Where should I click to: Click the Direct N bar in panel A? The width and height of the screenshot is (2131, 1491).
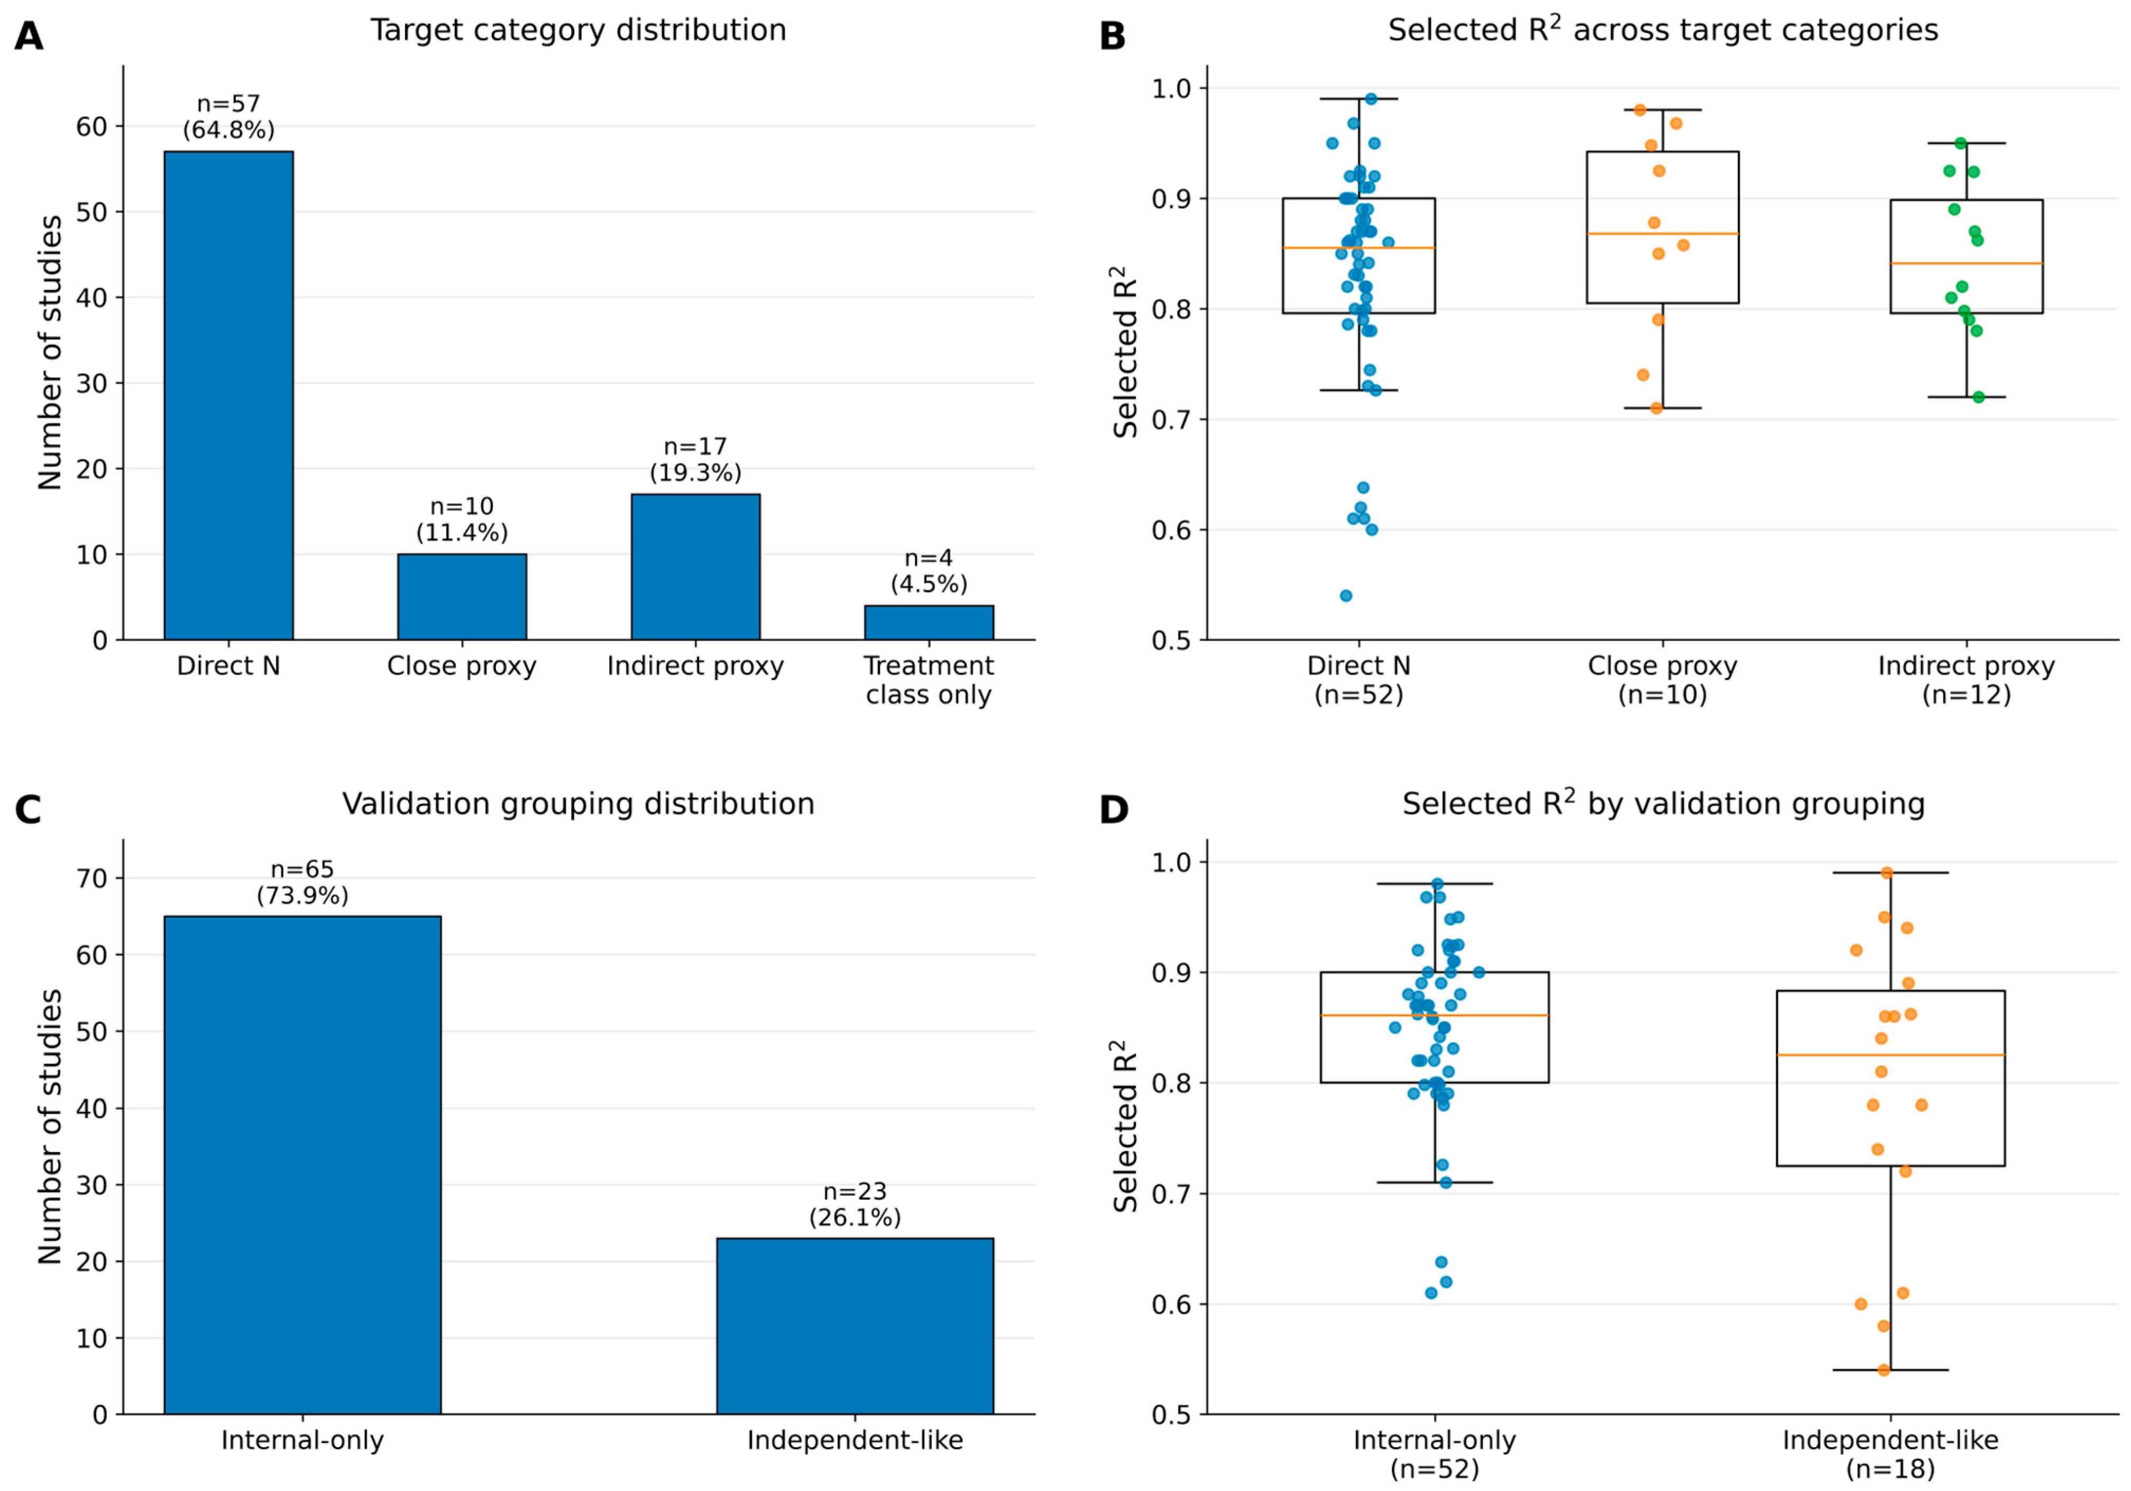click(228, 395)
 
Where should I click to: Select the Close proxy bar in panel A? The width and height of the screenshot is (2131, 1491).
click(462, 597)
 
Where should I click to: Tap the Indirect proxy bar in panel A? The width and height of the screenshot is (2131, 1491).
click(695, 567)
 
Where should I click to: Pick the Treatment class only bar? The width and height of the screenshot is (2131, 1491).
click(929, 623)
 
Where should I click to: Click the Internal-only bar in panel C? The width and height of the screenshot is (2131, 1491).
click(302, 1165)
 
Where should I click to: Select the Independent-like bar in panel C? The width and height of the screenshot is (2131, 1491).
click(855, 1327)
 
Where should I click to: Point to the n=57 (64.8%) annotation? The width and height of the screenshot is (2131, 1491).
click(228, 117)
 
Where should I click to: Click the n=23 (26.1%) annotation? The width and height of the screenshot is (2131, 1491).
click(855, 1205)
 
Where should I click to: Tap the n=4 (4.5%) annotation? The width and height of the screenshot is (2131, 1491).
click(929, 571)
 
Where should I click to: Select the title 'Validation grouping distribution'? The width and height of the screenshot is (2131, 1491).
click(578, 803)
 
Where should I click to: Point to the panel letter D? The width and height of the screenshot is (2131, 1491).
click(1113, 810)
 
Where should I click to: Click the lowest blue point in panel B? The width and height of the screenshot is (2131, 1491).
click(1346, 596)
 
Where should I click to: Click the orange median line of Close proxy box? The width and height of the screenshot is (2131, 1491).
click(1662, 234)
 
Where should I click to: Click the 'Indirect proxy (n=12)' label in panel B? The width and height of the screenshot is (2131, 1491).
click(1967, 680)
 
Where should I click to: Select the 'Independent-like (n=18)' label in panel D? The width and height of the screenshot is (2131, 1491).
click(1890, 1454)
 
